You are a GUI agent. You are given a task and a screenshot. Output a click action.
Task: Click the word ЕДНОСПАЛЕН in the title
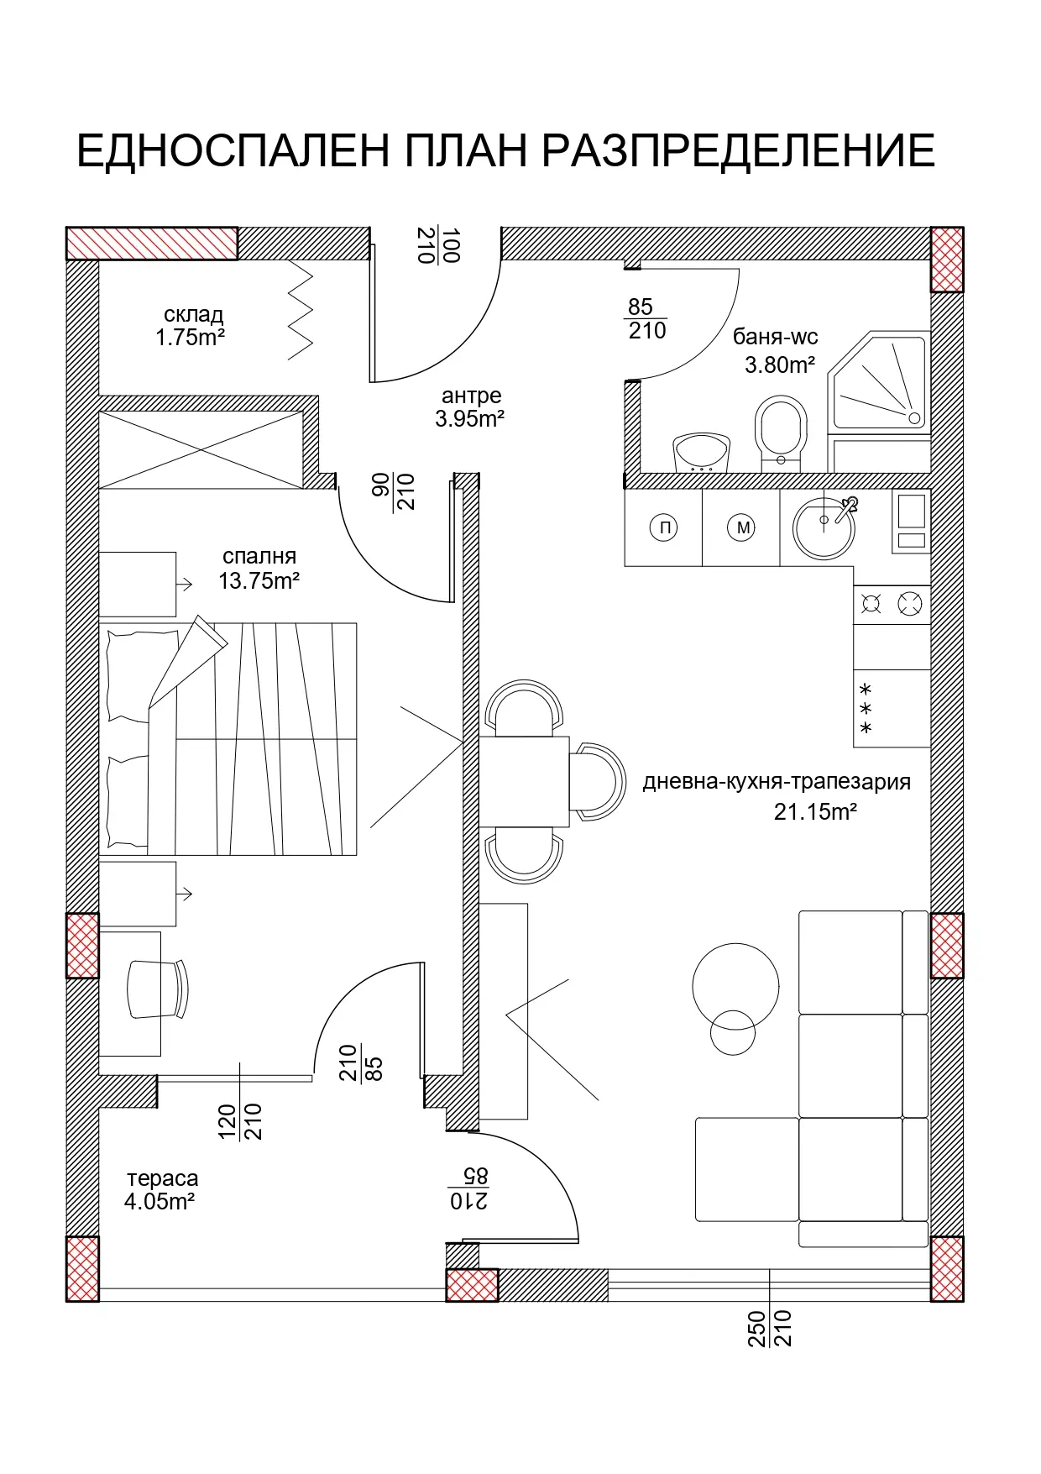(x=233, y=151)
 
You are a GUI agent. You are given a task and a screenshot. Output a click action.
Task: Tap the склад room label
(x=193, y=314)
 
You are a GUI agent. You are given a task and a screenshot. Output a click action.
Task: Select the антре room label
(x=471, y=396)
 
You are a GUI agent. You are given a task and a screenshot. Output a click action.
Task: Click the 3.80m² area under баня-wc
(x=780, y=365)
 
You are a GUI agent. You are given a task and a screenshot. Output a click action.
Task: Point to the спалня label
(x=259, y=556)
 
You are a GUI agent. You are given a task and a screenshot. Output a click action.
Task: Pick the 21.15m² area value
(x=815, y=811)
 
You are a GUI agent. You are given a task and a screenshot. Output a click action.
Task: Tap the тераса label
(x=163, y=1178)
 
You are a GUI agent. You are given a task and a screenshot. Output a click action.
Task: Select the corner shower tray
(x=879, y=382)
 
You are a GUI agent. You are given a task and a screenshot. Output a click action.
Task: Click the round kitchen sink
(x=824, y=527)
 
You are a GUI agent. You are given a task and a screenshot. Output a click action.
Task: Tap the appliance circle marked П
(x=664, y=527)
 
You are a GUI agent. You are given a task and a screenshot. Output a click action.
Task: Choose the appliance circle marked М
(x=742, y=527)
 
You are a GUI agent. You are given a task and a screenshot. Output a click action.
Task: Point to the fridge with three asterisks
(x=892, y=708)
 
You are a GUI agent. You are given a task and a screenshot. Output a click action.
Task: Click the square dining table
(x=524, y=782)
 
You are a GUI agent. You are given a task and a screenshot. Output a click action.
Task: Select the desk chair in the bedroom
(x=158, y=989)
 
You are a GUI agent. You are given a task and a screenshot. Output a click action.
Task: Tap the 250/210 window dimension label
(x=769, y=1328)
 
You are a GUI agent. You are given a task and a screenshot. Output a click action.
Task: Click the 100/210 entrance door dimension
(x=438, y=245)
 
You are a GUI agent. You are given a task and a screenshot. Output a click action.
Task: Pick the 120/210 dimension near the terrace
(x=240, y=1121)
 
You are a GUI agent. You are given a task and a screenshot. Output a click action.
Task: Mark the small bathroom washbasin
(x=701, y=453)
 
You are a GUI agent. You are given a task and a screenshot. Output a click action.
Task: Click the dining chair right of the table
(x=598, y=782)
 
